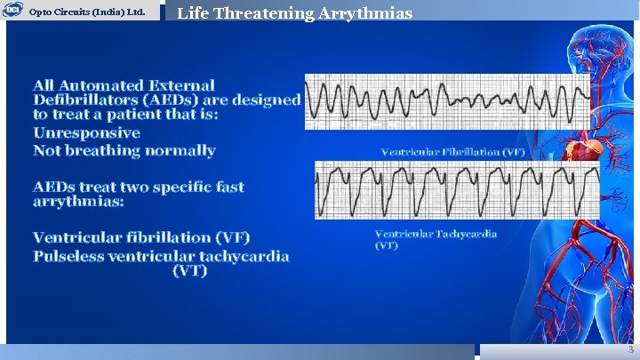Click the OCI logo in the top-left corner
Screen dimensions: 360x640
tap(12, 11)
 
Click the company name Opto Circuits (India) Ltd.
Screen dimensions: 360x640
tap(87, 12)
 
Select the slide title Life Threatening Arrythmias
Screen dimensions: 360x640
tap(294, 13)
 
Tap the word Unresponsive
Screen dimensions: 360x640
tap(86, 132)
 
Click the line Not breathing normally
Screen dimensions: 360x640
tap(124, 150)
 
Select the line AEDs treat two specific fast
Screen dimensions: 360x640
tap(138, 187)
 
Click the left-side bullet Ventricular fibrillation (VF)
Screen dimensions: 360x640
tap(141, 237)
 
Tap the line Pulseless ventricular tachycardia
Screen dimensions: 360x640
tap(161, 256)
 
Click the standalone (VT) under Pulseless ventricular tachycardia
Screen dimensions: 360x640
tap(189, 271)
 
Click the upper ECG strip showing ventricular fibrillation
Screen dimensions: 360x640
tap(446, 101)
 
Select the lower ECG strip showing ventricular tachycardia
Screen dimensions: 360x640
tap(457, 189)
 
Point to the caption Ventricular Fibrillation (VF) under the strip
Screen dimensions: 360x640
tap(452, 152)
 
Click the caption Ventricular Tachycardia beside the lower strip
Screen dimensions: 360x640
tap(436, 234)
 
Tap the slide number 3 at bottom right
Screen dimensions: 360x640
tap(629, 349)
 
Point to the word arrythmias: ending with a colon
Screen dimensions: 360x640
tap(78, 202)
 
